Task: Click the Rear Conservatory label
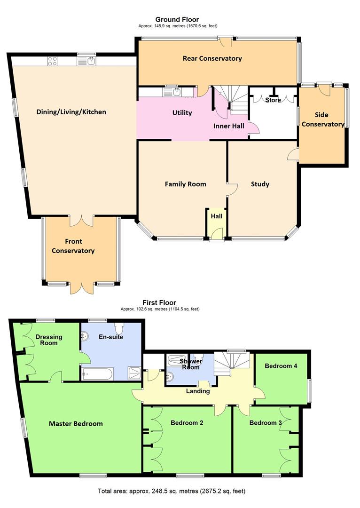click(212, 58)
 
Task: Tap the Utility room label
click(182, 112)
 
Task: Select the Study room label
click(260, 184)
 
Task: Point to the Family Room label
click(185, 184)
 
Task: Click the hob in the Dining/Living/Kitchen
click(52, 61)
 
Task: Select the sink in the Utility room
click(177, 91)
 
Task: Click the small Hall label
click(216, 216)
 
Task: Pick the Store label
click(273, 100)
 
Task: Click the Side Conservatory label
click(322, 119)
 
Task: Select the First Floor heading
click(159, 302)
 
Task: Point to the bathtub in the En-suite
click(97, 374)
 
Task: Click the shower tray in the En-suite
click(134, 373)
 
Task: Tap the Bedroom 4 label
click(281, 365)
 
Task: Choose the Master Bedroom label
click(76, 423)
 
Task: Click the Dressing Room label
click(48, 340)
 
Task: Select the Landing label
click(198, 391)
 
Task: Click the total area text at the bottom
click(172, 491)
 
